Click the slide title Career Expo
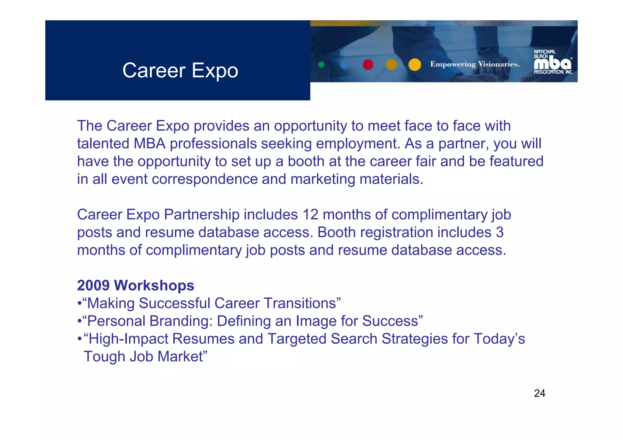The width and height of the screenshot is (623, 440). point(180,70)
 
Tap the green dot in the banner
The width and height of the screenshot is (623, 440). point(321,64)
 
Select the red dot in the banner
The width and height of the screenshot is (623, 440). point(368,64)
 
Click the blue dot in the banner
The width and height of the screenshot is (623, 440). point(344,64)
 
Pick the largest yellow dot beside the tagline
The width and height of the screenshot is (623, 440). point(415,64)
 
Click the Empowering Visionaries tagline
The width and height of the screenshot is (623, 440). point(475,64)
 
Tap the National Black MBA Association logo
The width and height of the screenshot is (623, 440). point(553,62)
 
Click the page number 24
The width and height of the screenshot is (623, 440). point(539,393)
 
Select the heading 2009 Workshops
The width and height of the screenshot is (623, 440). point(135,285)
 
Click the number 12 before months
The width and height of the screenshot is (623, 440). point(310,214)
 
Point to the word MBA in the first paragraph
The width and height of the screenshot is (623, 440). point(149,144)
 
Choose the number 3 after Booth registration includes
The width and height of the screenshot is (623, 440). point(499,232)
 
